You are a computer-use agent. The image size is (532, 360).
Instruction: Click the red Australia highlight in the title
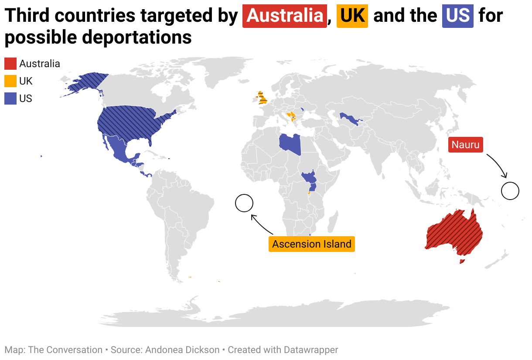[x=284, y=16]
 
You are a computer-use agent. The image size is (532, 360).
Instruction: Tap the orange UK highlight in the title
[x=352, y=16]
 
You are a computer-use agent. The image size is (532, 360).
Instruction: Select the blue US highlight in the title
[x=457, y=16]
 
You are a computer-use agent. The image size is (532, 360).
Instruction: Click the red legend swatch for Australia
[x=10, y=64]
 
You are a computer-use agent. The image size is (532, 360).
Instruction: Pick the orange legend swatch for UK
[x=10, y=81]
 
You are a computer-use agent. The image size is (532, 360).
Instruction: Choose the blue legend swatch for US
[x=10, y=98]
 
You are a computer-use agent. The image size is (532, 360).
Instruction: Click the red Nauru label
[x=465, y=145]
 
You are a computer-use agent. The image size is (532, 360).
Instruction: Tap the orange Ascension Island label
[x=312, y=244]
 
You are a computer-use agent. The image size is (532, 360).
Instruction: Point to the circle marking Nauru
[x=510, y=191]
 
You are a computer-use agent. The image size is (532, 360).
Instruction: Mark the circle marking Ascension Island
[x=244, y=203]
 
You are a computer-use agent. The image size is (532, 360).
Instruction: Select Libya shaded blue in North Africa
[x=290, y=144]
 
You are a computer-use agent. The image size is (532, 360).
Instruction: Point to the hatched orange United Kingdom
[x=262, y=98]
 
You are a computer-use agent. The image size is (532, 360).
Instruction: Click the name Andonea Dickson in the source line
[x=182, y=350]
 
